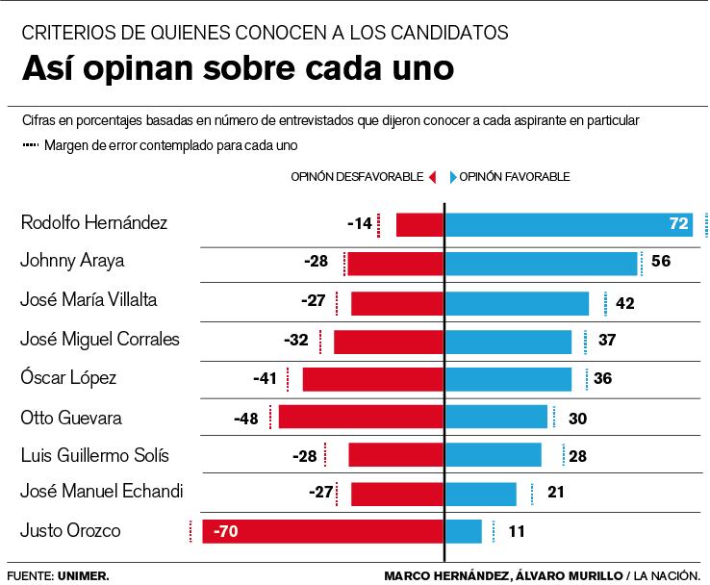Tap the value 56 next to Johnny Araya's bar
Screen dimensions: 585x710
coord(661,262)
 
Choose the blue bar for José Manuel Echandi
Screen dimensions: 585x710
coord(480,494)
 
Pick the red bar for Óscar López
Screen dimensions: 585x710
coord(373,379)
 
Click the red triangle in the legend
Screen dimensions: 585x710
coord(433,177)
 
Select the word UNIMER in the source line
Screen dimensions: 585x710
coord(83,575)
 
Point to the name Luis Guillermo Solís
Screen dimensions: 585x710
coord(101,455)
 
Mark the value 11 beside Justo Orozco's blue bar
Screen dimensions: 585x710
coord(517,531)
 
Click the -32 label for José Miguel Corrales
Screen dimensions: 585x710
coord(297,340)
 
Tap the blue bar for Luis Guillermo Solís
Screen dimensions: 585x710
coord(493,455)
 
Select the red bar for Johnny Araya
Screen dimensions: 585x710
coord(395,264)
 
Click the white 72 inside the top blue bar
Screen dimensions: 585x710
coord(679,224)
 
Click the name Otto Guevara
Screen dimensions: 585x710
coord(71,417)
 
